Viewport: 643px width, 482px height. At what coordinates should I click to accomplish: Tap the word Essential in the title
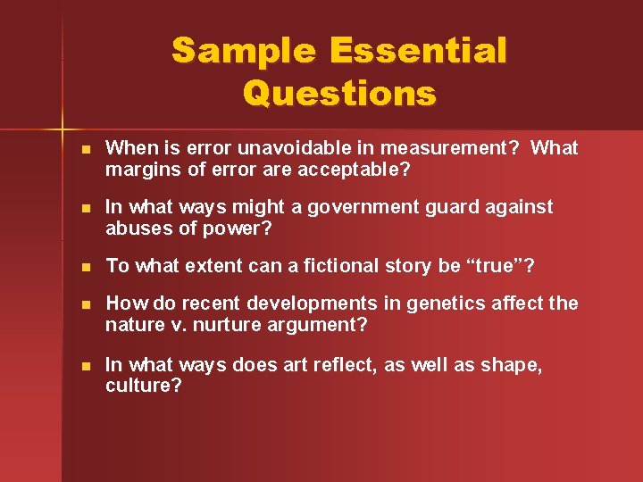pyautogui.click(x=418, y=51)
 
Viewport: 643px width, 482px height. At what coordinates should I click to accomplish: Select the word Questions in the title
pyautogui.click(x=339, y=93)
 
